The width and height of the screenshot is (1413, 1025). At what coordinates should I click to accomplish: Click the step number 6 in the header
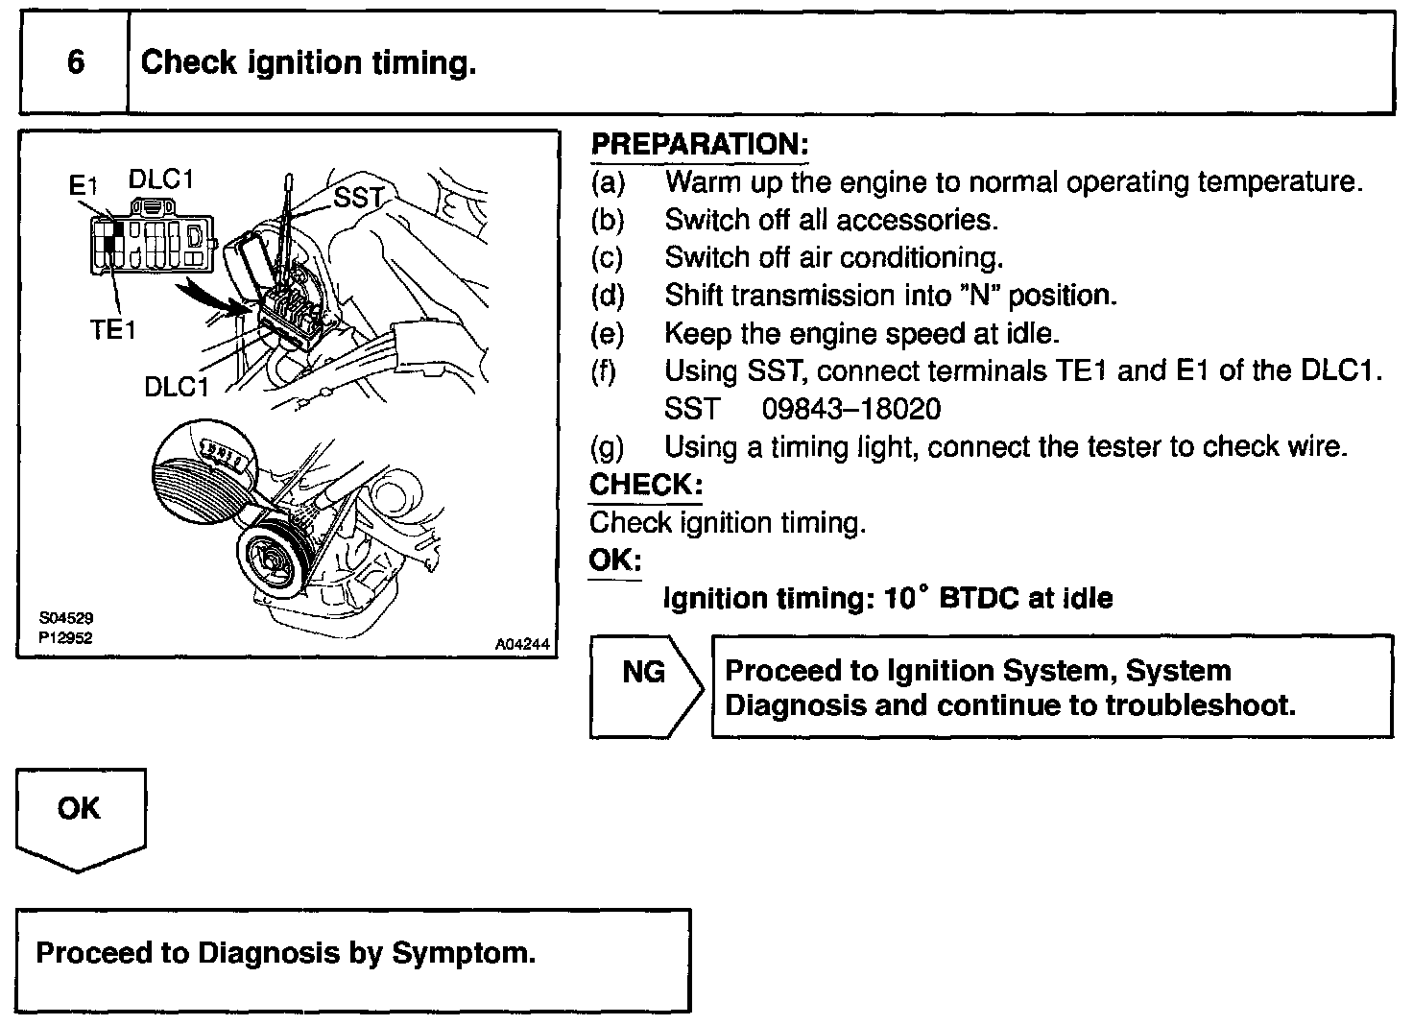point(76,63)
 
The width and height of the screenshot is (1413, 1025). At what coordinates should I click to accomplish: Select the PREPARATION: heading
point(699,145)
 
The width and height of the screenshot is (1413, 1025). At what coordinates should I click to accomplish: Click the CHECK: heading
point(645,485)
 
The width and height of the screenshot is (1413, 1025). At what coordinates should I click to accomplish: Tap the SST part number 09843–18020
point(851,409)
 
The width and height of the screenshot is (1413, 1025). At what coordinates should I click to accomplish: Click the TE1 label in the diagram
point(113,330)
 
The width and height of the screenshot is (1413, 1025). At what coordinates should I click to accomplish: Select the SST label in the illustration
point(358,198)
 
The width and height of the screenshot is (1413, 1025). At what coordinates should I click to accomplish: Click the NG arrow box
point(645,685)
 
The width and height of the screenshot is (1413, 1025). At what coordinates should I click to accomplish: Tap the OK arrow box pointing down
point(80,816)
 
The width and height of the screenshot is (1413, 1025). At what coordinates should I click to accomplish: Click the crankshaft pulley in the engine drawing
point(272,560)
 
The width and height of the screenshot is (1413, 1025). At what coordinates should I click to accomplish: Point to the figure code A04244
point(522,645)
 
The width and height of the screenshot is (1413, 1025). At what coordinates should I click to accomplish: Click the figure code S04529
point(66,619)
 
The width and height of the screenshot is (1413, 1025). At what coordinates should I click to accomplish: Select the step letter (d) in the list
point(607,296)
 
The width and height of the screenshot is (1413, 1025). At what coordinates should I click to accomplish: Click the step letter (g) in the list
point(607,447)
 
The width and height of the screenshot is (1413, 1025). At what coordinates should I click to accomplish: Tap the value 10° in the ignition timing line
point(906,598)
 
